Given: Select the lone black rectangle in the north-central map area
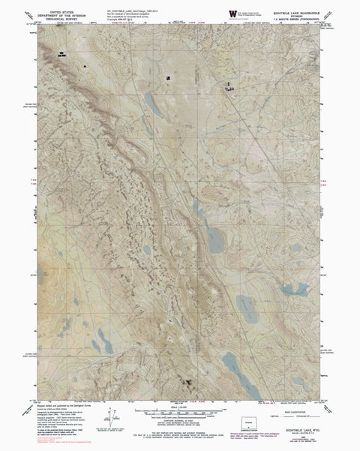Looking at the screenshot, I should click(169, 77).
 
